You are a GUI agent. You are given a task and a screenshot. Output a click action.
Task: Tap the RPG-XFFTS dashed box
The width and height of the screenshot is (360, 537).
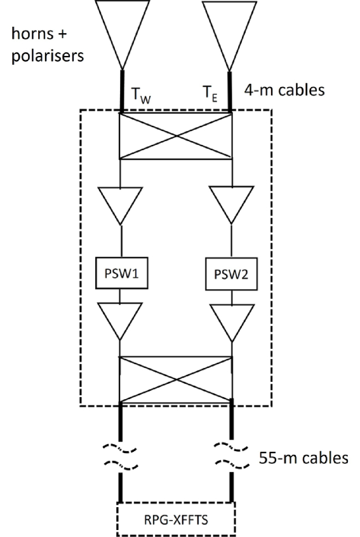point(176,516)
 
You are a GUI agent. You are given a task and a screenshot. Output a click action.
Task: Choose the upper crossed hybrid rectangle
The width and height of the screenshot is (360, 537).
point(176,136)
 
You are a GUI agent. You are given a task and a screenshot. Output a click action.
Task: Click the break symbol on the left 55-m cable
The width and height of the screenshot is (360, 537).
point(121,458)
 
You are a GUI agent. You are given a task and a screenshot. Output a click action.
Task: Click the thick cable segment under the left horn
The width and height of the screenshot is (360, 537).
point(121,91)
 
